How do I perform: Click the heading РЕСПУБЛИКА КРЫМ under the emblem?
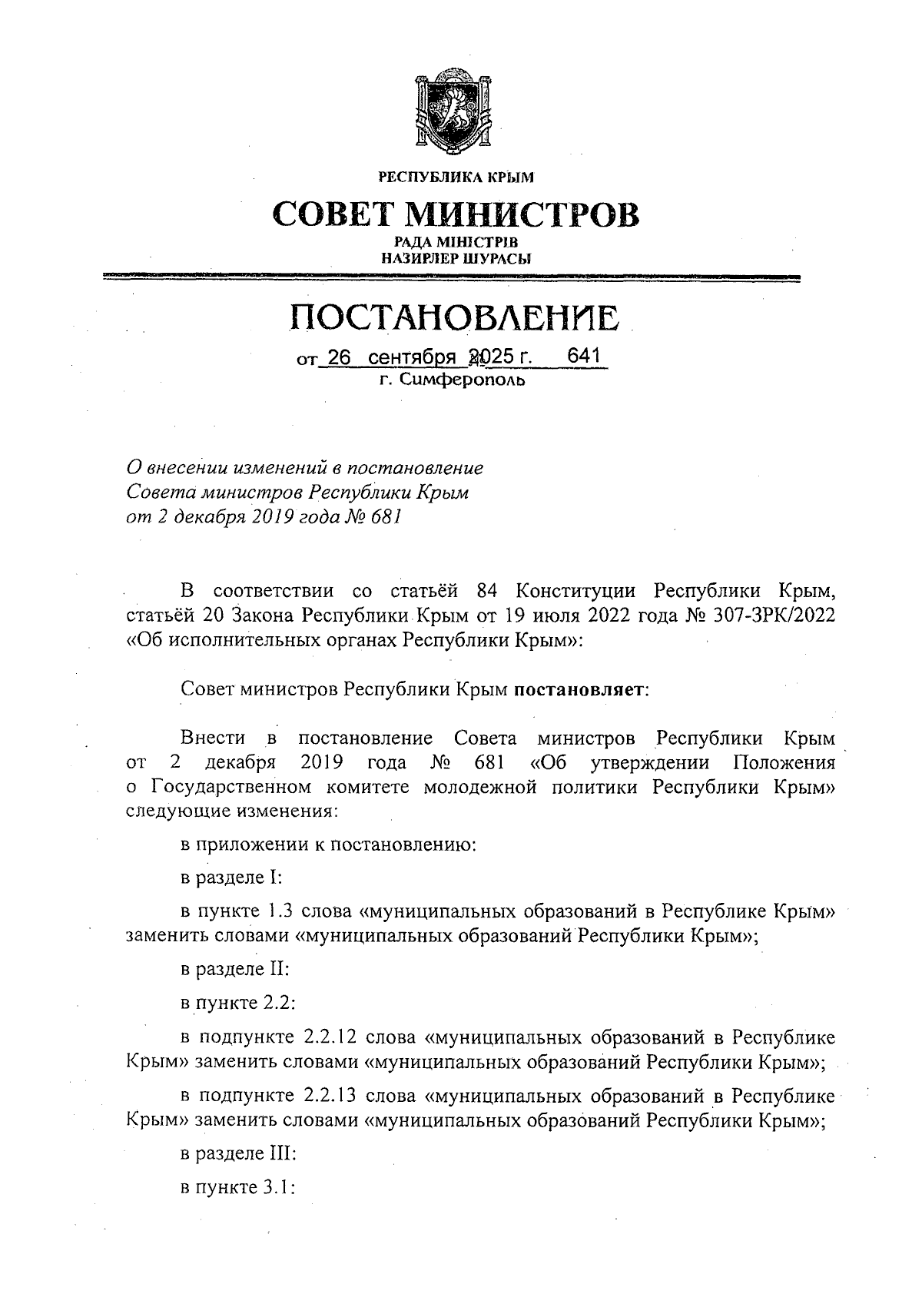(456, 178)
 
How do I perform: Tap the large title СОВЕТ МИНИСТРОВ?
(456, 215)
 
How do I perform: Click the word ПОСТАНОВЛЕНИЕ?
(455, 318)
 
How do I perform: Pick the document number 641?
(582, 357)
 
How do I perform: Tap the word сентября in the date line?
(407, 358)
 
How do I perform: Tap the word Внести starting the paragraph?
(213, 738)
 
